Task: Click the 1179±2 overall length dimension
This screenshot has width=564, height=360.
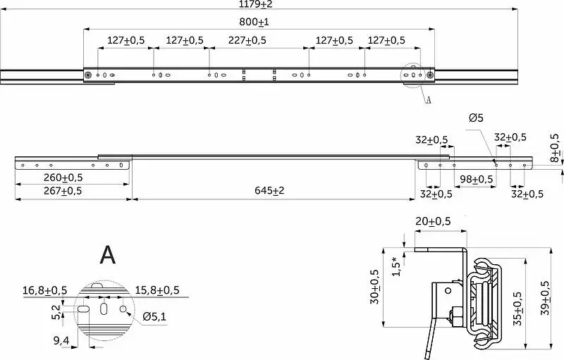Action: (x=256, y=4)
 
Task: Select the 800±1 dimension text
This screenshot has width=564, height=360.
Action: (x=254, y=22)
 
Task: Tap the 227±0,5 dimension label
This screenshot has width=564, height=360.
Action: (x=247, y=40)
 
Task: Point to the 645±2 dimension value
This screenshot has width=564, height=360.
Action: (x=269, y=190)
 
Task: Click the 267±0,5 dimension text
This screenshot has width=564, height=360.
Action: (x=63, y=190)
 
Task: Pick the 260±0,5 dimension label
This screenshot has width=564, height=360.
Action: (x=63, y=178)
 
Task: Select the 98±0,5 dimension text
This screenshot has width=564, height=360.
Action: (x=477, y=179)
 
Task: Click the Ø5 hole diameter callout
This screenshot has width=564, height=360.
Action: (x=477, y=118)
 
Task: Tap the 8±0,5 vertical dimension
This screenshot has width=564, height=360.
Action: (x=555, y=148)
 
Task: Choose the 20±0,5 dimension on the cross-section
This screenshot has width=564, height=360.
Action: (x=433, y=221)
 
